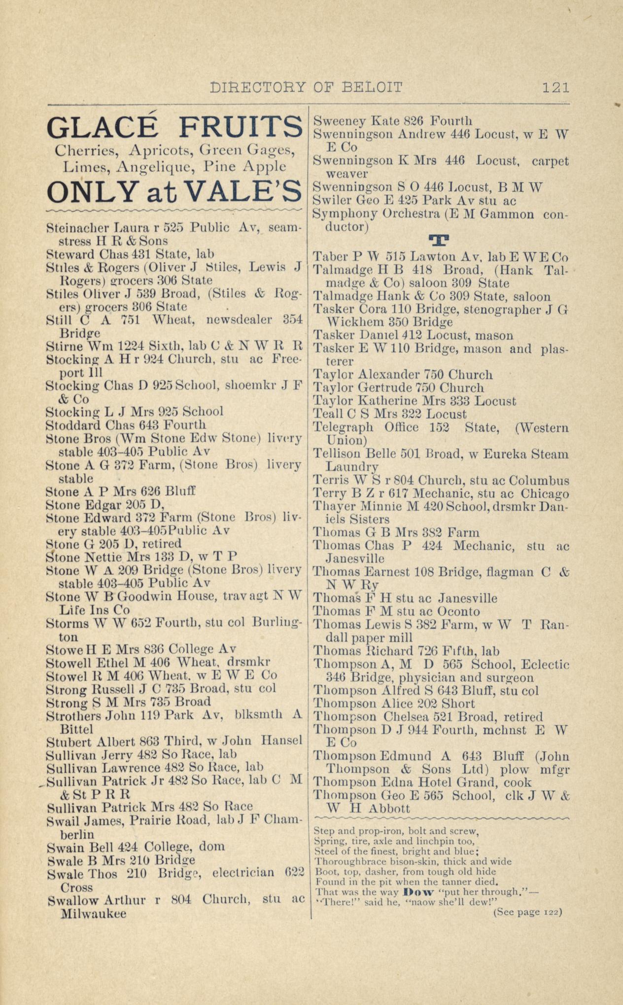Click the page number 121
pos(555,87)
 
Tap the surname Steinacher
pos(78,228)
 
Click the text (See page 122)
pos(527,912)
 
